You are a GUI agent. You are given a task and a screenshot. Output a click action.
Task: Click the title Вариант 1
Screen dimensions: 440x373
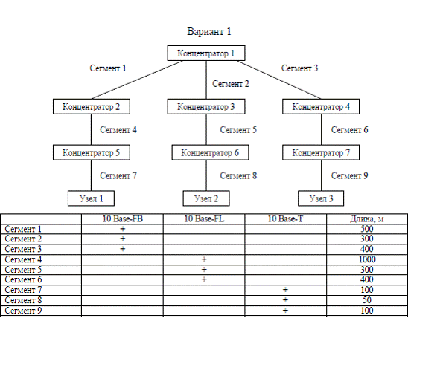[x=209, y=31]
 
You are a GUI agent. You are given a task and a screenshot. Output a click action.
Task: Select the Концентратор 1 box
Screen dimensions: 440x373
[x=206, y=53]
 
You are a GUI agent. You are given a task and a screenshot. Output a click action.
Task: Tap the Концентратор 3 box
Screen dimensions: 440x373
[x=206, y=107]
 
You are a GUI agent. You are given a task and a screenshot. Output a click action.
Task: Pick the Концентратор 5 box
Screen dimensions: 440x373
[x=92, y=152]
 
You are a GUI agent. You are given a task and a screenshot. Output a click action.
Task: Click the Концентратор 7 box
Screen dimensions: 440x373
[x=321, y=152]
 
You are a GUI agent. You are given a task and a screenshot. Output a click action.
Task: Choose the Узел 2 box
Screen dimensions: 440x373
[x=206, y=198]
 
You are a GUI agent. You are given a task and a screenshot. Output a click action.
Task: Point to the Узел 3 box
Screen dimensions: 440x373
[x=321, y=198]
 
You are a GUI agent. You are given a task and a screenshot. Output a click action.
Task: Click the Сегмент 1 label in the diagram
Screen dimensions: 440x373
[x=108, y=68]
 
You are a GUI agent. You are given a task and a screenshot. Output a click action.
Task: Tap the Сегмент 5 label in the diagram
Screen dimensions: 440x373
[x=238, y=130]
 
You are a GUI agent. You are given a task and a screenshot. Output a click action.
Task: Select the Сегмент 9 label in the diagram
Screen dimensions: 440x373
[x=349, y=176]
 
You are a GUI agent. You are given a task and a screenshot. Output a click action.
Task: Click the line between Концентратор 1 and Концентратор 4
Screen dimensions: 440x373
[x=279, y=80]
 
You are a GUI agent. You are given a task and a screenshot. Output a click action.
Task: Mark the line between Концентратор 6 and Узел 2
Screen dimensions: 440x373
[x=206, y=175]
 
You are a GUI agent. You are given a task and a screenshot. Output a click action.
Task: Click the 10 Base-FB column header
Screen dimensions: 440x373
[x=123, y=218]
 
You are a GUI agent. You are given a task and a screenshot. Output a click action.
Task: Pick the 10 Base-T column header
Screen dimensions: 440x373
[x=285, y=218]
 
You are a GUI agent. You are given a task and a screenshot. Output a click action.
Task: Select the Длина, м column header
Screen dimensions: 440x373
[x=367, y=218]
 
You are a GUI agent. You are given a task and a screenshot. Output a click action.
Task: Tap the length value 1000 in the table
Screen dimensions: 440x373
[x=367, y=259]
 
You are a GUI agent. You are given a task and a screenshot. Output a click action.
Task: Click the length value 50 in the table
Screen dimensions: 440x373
[x=367, y=300]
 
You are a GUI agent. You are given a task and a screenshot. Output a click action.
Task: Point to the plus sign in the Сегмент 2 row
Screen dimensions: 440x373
[x=123, y=239]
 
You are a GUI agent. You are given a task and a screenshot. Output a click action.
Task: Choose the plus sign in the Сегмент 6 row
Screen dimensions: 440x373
[x=204, y=279]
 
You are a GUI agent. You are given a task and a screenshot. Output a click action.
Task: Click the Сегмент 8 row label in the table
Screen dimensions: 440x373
[x=23, y=300]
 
